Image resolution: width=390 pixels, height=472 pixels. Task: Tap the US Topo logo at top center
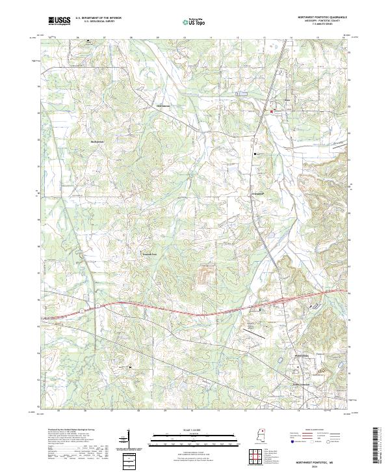[x=196, y=21]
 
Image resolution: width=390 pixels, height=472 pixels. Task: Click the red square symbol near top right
[x=272, y=112]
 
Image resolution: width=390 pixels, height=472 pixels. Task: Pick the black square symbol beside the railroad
[x=255, y=154]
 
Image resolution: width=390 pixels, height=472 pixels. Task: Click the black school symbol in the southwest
[x=131, y=367]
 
